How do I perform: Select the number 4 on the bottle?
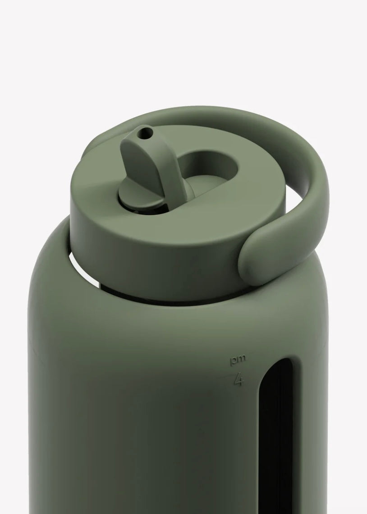tap(238, 380)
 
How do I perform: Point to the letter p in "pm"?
tap(234, 361)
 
